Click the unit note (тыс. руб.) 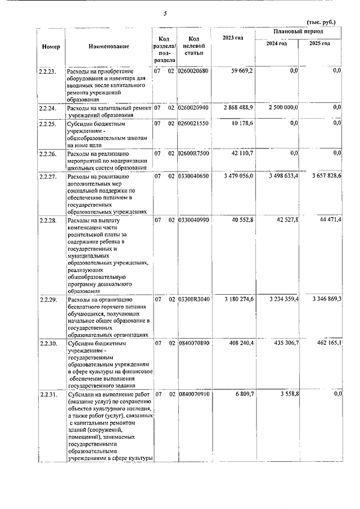point(321,22)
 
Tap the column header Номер point(51,46)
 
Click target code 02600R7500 point(193,152)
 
